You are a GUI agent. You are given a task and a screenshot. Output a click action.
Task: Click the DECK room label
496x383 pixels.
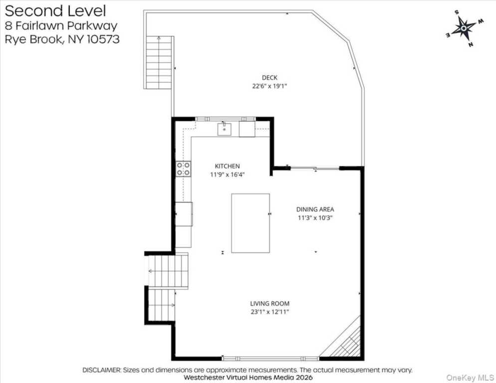(x=269, y=77)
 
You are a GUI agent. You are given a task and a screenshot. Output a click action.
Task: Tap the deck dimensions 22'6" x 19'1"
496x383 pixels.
(x=269, y=86)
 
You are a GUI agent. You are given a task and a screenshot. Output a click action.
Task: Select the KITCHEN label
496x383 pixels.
(x=227, y=166)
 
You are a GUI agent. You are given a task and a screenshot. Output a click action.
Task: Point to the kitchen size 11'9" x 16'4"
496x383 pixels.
(x=227, y=174)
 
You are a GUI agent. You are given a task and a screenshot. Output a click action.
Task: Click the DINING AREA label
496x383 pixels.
(x=315, y=209)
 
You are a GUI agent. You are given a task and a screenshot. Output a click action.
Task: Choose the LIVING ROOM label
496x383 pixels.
(x=269, y=304)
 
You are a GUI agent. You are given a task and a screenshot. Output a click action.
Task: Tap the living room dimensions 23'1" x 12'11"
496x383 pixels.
(x=269, y=312)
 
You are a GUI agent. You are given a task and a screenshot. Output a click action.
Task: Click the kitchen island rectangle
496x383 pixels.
(x=250, y=223)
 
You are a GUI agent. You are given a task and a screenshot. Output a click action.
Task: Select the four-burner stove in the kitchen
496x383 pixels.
(x=184, y=169)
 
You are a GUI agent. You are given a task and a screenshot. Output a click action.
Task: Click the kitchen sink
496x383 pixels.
(x=224, y=129)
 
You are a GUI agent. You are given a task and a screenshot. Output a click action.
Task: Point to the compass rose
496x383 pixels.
(x=464, y=28)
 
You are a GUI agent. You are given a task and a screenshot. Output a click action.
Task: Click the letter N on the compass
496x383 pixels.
(x=471, y=44)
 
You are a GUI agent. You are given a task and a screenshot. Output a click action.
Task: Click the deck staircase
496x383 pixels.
(x=159, y=62)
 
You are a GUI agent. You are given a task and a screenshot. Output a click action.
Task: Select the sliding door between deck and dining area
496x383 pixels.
(x=315, y=168)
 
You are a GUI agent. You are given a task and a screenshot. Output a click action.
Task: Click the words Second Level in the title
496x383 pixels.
(x=55, y=11)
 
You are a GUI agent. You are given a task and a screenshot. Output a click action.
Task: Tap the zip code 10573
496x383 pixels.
(x=103, y=39)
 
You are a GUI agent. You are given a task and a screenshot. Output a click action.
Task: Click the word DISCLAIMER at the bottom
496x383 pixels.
(x=101, y=370)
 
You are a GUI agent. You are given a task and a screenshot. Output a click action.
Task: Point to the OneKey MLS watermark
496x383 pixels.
(x=470, y=378)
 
